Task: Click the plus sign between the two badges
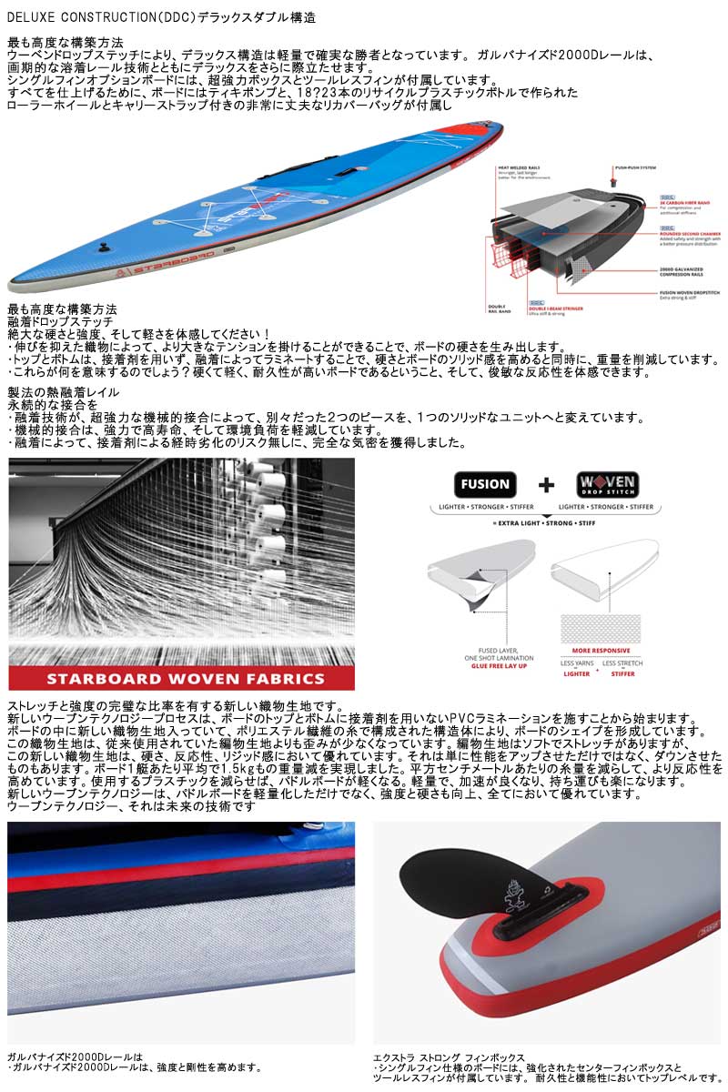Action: pos(545,485)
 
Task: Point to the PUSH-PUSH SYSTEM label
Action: pos(637,168)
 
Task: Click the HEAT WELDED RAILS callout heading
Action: pos(518,168)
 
